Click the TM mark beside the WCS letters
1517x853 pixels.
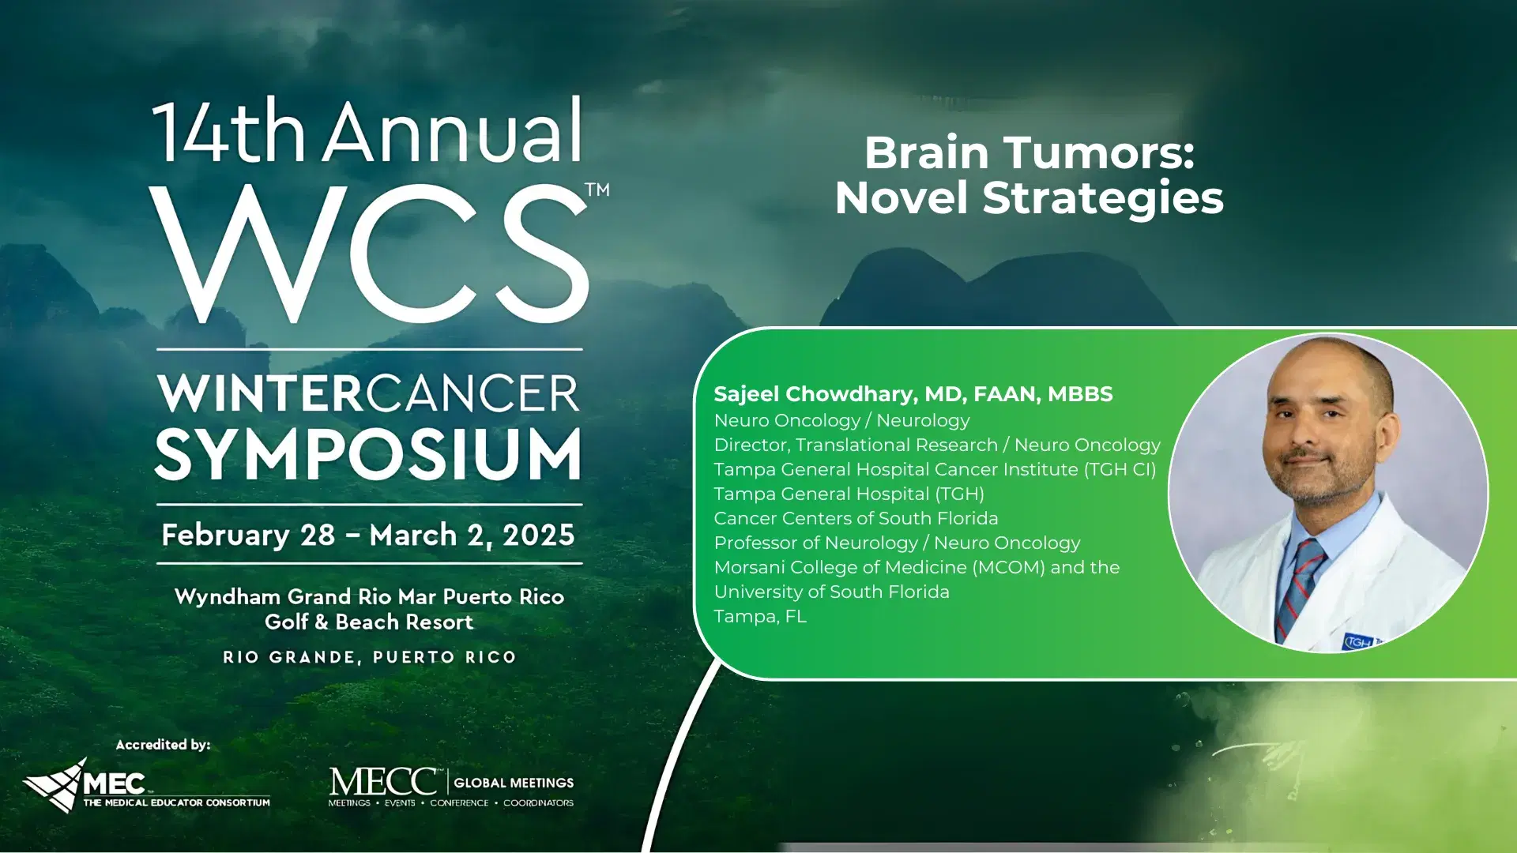[x=597, y=190]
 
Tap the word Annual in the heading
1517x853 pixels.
[x=453, y=132]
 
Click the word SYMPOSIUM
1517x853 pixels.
[x=369, y=455]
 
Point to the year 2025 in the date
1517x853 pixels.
[x=538, y=535]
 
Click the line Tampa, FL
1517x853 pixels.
[x=760, y=617]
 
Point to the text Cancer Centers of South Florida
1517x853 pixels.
[x=856, y=519]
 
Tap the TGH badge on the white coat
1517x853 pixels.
[x=1358, y=641]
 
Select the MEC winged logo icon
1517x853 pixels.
[x=55, y=785]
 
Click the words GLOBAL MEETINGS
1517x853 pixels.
[x=514, y=783]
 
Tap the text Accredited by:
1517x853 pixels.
[x=163, y=745]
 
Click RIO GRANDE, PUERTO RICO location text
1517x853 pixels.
[x=369, y=657]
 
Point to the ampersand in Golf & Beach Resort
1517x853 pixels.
[x=321, y=622]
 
